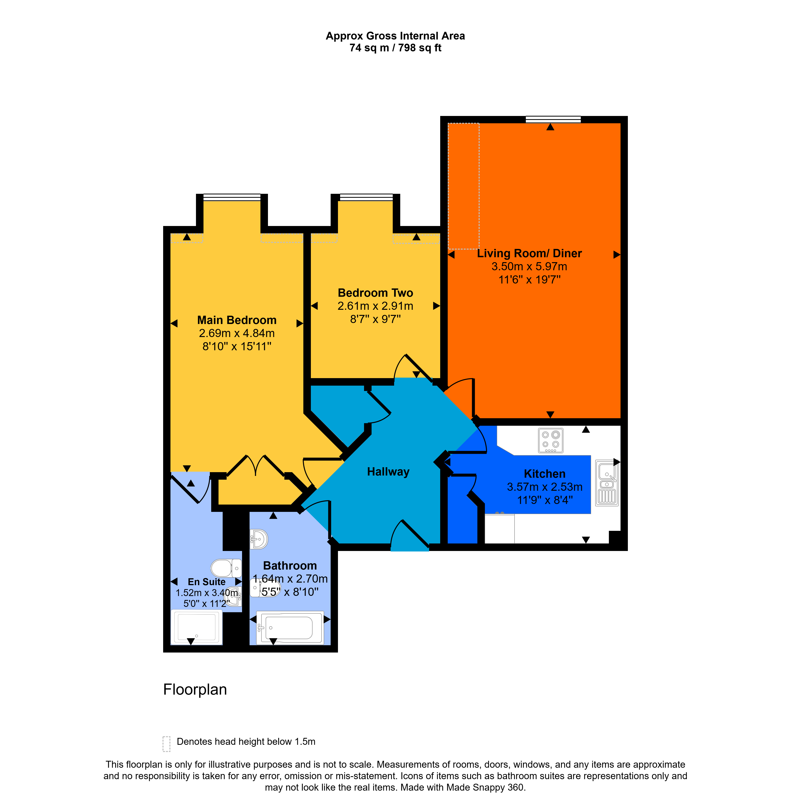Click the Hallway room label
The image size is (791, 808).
click(x=388, y=472)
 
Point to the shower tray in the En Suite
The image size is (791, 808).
click(x=197, y=627)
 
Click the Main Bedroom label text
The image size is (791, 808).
click(x=237, y=320)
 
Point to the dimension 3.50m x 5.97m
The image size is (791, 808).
click(x=529, y=267)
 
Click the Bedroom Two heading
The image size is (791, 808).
click(x=375, y=293)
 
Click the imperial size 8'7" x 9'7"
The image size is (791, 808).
click(x=375, y=319)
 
